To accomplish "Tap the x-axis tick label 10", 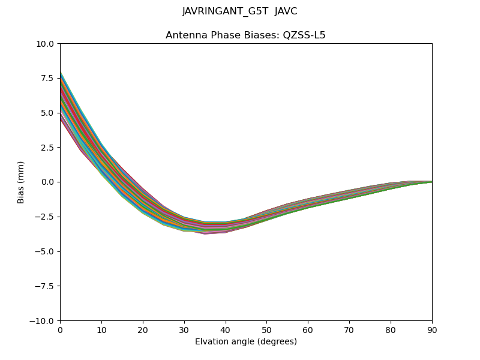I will click(x=101, y=329).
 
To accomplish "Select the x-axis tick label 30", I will click(x=184, y=329).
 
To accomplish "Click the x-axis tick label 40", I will click(x=226, y=329).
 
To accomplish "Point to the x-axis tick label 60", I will click(x=308, y=329).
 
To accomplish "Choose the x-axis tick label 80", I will click(x=391, y=329).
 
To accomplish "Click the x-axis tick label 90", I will click(x=432, y=329).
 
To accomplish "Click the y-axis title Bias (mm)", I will click(x=21, y=182).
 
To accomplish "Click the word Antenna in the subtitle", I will click(x=184, y=35).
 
